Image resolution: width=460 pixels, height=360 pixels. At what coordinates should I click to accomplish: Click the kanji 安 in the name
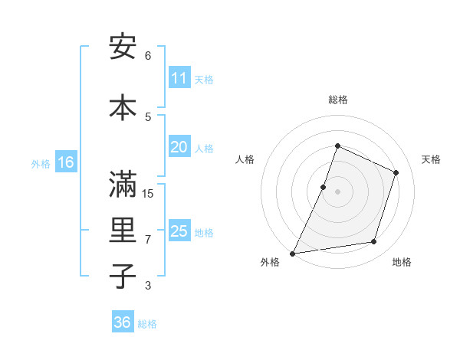click(123, 47)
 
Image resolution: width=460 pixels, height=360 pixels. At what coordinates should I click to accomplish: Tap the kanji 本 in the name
click(123, 107)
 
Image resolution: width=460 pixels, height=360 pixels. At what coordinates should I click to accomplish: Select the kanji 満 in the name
click(123, 185)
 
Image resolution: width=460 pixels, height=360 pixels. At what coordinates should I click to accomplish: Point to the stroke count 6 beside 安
click(148, 56)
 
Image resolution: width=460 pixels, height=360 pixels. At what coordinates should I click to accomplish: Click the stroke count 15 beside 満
click(149, 193)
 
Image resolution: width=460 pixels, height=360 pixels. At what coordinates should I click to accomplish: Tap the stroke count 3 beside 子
click(148, 286)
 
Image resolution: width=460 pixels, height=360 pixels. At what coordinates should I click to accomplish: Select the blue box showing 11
click(179, 78)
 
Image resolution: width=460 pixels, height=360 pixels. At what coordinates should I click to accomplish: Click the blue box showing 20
click(179, 147)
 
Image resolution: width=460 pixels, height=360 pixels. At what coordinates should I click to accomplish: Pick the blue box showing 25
click(179, 231)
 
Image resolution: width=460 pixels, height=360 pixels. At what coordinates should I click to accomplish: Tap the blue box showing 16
click(66, 162)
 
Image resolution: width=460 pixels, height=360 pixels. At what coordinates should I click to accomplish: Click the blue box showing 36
click(122, 322)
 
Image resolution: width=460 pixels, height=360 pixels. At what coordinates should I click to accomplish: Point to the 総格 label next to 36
click(147, 324)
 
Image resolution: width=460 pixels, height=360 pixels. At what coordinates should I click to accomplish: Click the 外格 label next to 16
click(41, 163)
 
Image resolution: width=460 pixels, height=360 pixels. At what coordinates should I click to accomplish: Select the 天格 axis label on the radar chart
click(431, 159)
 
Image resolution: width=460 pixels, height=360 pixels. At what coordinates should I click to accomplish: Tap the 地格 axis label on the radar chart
click(402, 262)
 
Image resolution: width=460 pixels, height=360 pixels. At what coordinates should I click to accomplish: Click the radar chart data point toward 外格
click(292, 253)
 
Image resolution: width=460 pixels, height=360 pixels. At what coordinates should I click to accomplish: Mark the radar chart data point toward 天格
click(396, 172)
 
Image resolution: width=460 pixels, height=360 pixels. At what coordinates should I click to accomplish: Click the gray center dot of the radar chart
click(337, 191)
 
